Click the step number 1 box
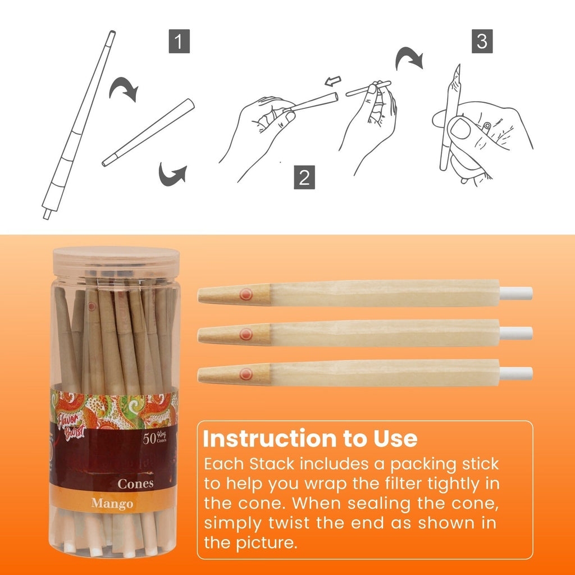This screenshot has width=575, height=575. pos(179,43)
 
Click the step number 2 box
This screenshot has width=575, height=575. pos(304,177)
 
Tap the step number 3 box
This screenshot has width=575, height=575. pos(482,41)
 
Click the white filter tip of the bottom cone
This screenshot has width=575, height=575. pos(516,373)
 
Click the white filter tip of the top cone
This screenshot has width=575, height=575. pos(516,293)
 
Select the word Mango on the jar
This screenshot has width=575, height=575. pos(112,503)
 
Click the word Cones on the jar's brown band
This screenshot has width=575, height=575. pos(135,483)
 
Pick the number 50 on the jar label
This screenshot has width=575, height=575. pos(149,439)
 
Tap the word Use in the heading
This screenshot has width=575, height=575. pos(396,439)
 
